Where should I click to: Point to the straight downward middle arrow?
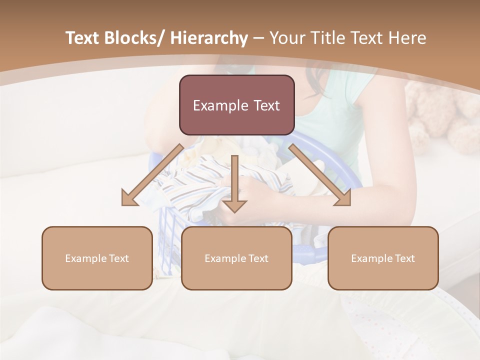point(234,185)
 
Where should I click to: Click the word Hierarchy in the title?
point(208,38)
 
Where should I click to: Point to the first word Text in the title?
point(83,38)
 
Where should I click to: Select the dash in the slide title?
point(258,38)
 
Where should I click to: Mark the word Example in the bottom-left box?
point(85,258)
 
